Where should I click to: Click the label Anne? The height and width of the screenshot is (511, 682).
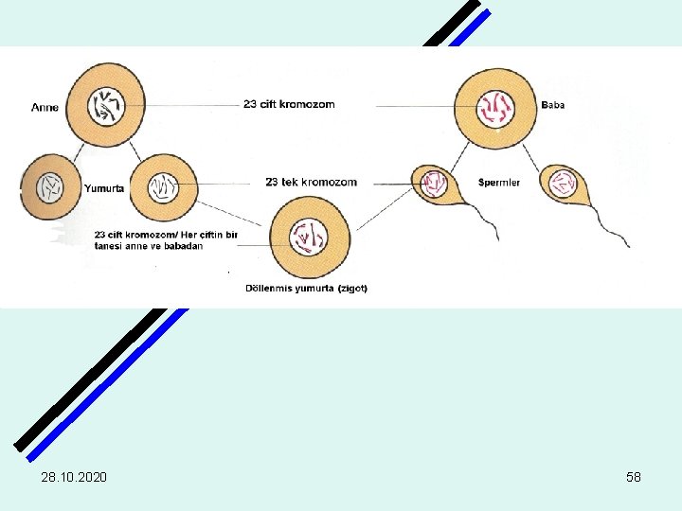click(45, 107)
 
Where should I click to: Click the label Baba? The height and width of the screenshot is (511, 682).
click(552, 105)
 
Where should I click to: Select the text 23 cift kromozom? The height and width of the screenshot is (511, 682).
click(289, 104)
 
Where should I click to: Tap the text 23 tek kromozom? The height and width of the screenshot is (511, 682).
click(311, 182)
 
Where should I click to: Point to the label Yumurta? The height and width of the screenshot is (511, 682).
click(105, 188)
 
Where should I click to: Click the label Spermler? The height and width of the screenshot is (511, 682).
click(499, 182)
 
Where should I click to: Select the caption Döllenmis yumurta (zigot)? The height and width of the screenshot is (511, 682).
click(306, 288)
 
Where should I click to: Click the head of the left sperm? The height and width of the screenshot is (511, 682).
click(435, 182)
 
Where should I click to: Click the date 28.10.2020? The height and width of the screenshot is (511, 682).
click(74, 477)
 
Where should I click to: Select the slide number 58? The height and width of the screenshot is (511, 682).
click(634, 477)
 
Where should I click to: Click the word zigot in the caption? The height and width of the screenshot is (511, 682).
click(350, 288)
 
